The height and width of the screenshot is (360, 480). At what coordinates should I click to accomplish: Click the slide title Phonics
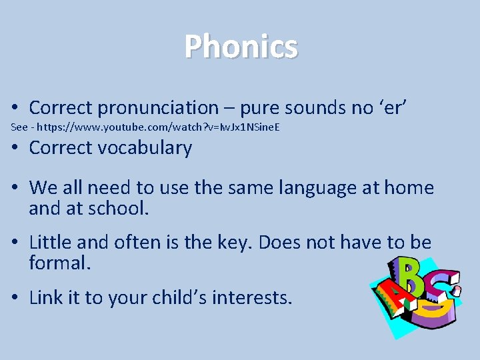coord(241,47)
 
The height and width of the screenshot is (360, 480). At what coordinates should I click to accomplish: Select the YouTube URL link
coord(160,127)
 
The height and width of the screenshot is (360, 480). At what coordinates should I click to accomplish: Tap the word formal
coord(59,262)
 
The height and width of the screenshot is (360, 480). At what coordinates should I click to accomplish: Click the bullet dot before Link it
coord(14,298)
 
